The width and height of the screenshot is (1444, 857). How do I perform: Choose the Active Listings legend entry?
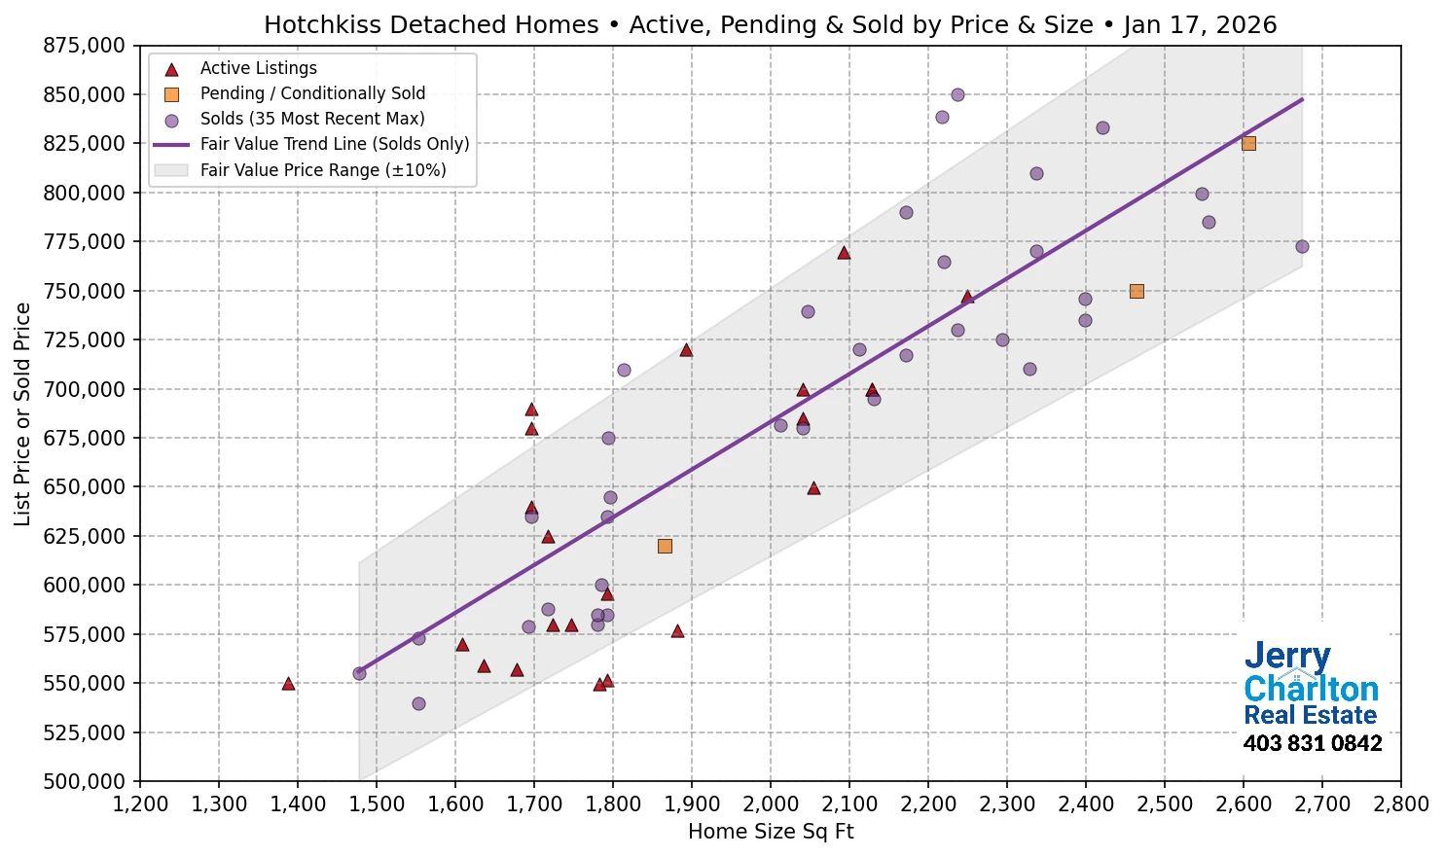[258, 68]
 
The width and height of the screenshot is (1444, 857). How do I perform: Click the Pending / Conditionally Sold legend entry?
[311, 93]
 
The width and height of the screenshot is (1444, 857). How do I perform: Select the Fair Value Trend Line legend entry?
[334, 144]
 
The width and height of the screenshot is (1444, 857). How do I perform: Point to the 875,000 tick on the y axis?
[85, 46]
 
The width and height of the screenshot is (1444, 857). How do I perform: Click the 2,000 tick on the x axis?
[770, 804]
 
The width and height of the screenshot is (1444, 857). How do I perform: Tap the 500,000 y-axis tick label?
[85, 781]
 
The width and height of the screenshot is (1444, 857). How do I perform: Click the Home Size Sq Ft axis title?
[770, 832]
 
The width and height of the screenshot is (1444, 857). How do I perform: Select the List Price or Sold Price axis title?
[22, 414]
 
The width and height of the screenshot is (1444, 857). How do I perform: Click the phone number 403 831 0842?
[1312, 744]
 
